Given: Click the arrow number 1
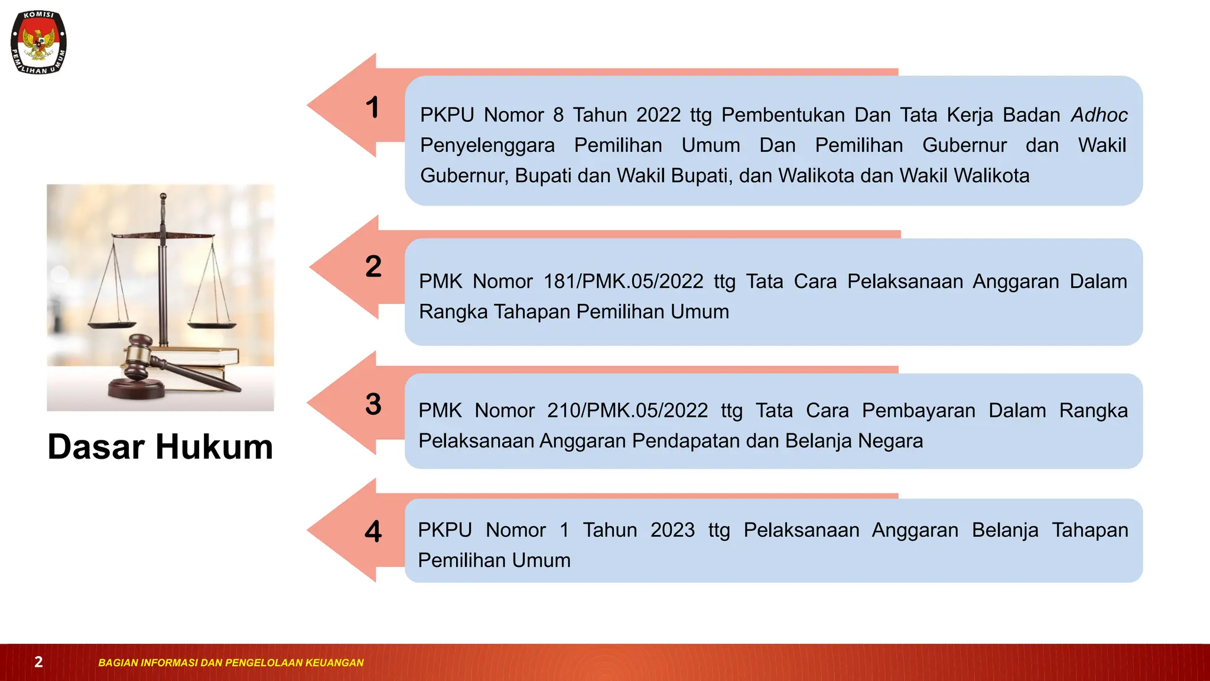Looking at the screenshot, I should pyautogui.click(x=372, y=108).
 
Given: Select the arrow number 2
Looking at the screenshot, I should pyautogui.click(x=373, y=267).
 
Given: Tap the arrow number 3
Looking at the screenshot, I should pyautogui.click(x=373, y=404).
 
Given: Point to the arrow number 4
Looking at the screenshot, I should pyautogui.click(x=373, y=531).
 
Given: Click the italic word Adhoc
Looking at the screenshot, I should pyautogui.click(x=1099, y=115).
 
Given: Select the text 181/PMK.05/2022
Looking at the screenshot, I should pyautogui.click(x=623, y=281).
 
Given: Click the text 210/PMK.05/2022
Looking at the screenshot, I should pyautogui.click(x=627, y=410).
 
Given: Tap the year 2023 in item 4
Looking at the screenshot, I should pyautogui.click(x=672, y=530).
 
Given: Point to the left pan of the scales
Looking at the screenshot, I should pyautogui.click(x=112, y=325).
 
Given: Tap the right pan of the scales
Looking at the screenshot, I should pyautogui.click(x=212, y=323).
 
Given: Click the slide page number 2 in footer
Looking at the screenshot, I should pyautogui.click(x=38, y=662).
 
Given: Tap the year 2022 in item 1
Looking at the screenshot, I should pyautogui.click(x=658, y=115).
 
